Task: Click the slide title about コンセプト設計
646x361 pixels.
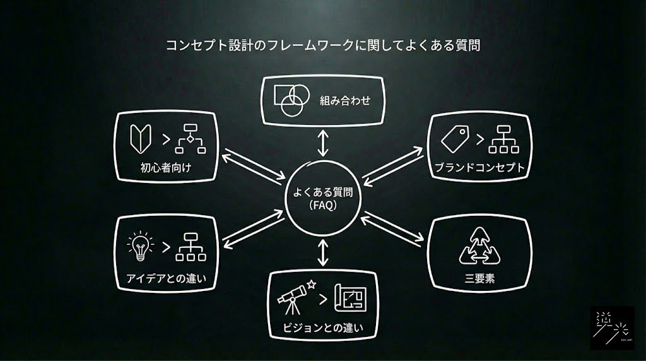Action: tap(323, 46)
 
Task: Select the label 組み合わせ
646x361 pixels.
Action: tap(344, 100)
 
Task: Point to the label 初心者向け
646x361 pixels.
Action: tap(166, 168)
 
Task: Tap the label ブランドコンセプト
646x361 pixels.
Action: tap(480, 169)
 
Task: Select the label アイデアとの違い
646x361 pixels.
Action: tap(166, 278)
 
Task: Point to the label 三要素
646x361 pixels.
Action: tap(480, 278)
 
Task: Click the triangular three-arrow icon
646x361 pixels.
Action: tap(480, 247)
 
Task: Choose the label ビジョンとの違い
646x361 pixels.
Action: tap(324, 328)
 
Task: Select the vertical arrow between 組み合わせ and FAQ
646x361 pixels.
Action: tap(323, 143)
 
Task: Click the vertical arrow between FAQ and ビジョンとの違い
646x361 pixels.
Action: tap(323, 252)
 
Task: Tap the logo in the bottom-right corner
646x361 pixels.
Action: tap(612, 328)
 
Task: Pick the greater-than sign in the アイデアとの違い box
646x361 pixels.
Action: tap(166, 247)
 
